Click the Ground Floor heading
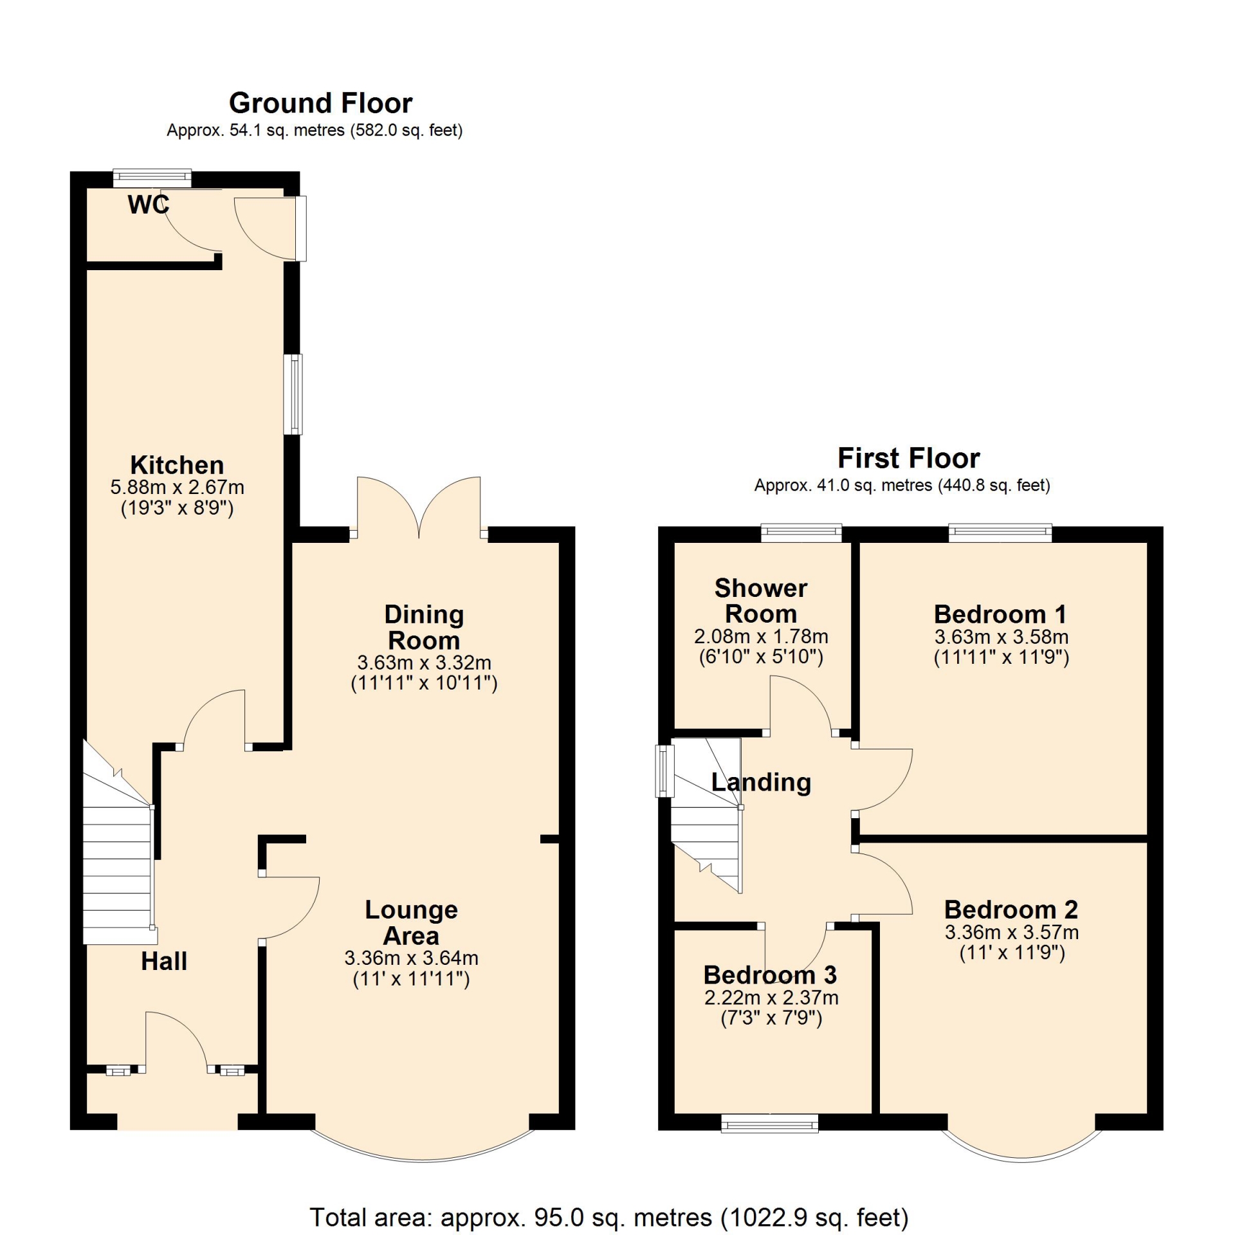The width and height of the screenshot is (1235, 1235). point(320,103)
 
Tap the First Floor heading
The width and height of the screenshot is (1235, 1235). point(908,459)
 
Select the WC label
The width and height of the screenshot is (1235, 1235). point(149,205)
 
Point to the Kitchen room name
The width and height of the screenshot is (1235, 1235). point(177,464)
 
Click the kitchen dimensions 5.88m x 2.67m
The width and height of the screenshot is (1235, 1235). point(177,487)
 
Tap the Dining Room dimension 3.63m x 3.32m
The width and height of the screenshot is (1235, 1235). point(424,663)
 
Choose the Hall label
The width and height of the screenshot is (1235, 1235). point(164,961)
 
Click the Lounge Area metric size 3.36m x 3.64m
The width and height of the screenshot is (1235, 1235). point(412,958)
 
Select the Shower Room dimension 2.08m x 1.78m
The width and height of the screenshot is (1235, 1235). point(761,636)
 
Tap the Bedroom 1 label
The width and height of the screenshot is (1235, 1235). point(1000,614)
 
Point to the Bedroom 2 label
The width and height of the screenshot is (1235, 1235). point(1011,909)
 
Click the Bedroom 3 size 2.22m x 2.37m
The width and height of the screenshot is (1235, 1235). point(771,998)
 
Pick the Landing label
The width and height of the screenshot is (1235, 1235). point(761,782)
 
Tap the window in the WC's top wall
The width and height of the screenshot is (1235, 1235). point(152,177)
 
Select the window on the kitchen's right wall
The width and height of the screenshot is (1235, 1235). point(293,394)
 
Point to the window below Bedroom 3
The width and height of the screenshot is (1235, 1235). point(770,1123)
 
